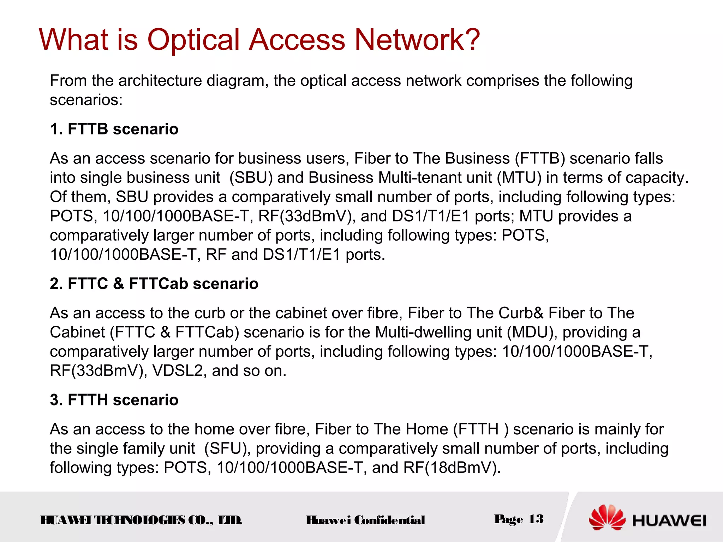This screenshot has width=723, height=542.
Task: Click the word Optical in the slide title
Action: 193,40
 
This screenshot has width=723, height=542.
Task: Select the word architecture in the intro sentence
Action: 160,81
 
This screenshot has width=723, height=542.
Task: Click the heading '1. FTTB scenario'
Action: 114,129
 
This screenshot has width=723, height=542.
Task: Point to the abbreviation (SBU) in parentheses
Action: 251,178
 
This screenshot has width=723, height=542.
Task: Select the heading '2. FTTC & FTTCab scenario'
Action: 154,284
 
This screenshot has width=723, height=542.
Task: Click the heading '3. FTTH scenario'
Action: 114,400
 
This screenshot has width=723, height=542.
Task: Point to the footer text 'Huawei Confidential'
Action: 365,520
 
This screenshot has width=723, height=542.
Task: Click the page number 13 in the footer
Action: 536,519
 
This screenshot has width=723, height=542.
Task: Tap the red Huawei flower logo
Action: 607,518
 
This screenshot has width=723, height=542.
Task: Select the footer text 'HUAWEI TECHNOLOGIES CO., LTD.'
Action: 141,520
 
